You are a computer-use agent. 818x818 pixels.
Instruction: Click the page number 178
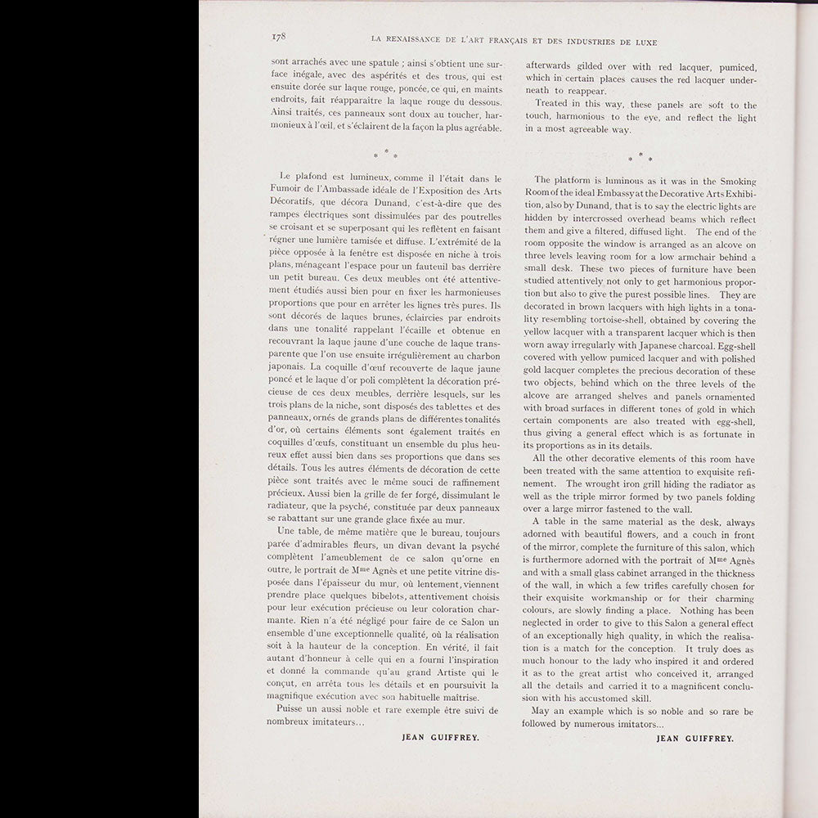point(277,37)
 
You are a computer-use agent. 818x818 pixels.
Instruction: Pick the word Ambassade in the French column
point(348,191)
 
